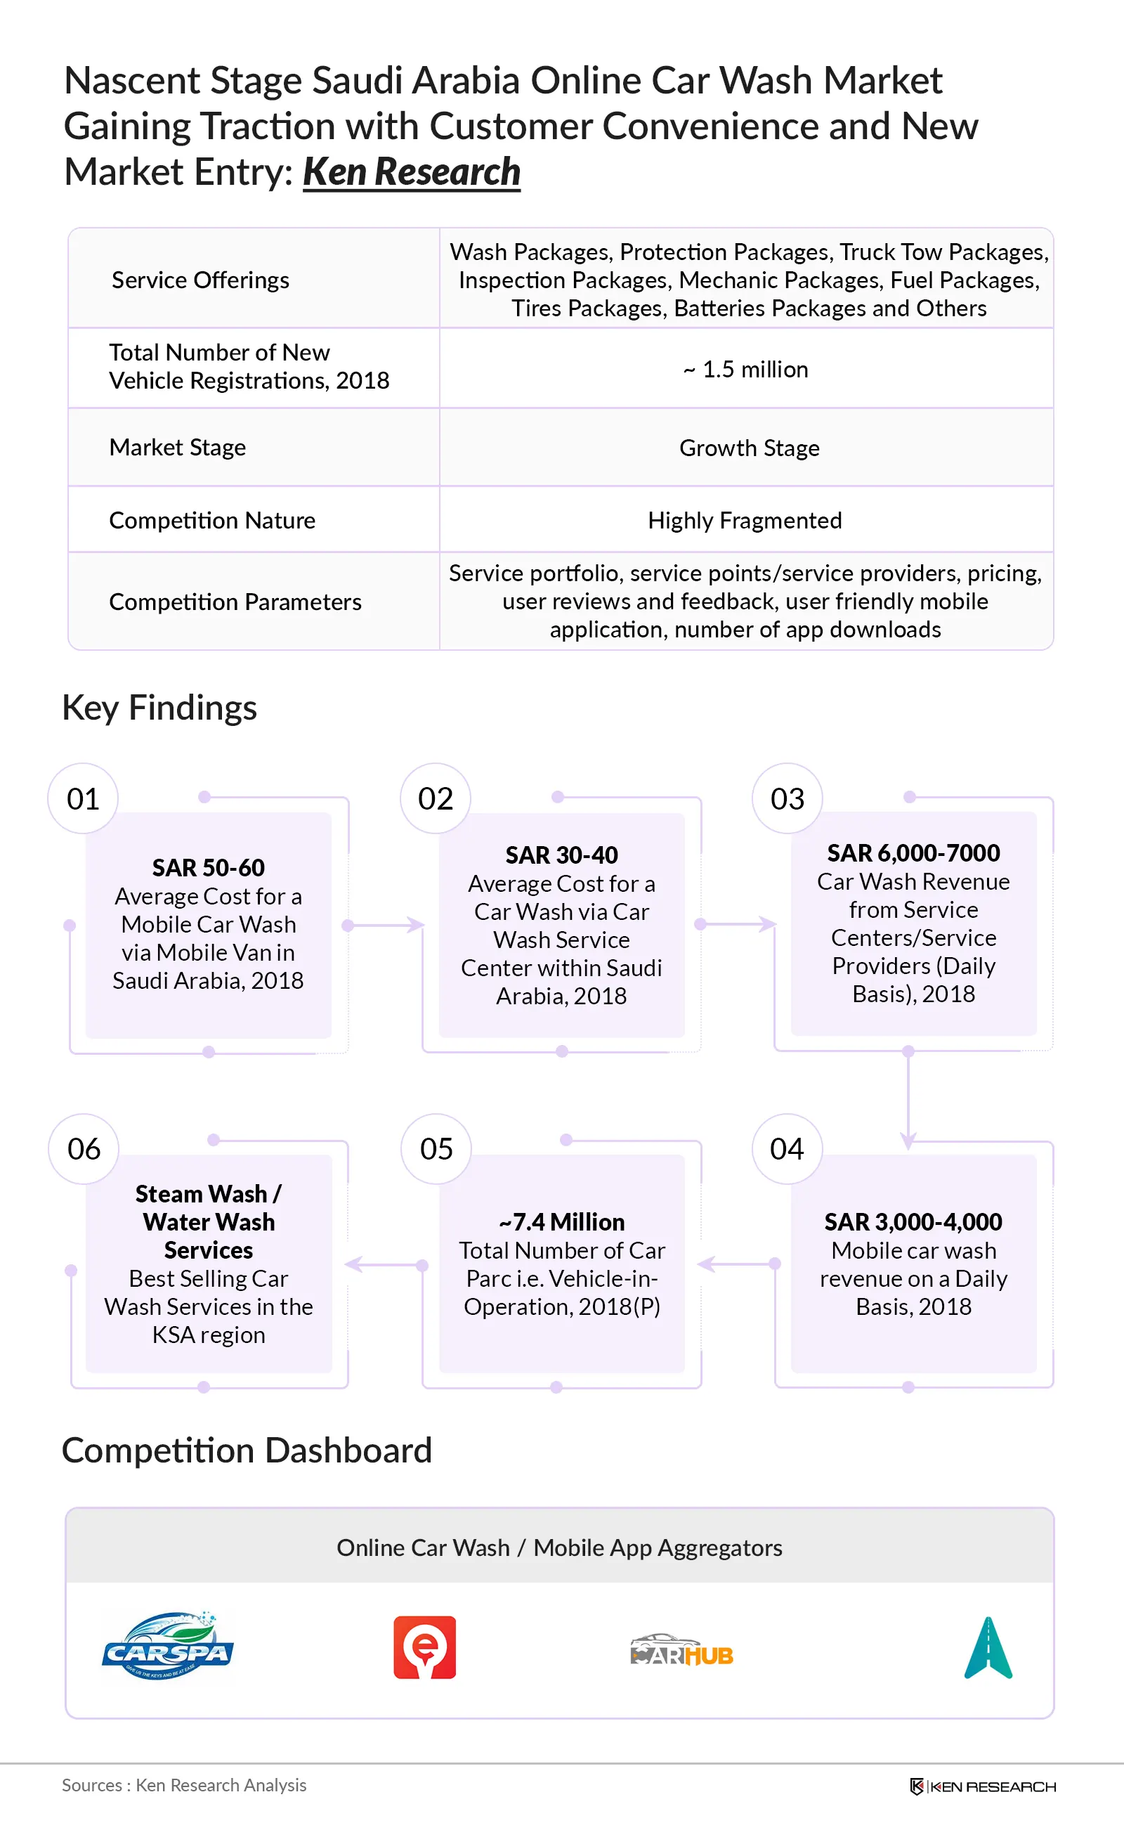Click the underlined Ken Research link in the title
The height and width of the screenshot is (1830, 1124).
(x=411, y=171)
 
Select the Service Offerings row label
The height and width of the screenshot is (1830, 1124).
(x=200, y=280)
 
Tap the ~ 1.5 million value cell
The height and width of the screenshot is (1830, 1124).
(x=745, y=369)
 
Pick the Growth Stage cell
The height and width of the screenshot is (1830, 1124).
(x=750, y=448)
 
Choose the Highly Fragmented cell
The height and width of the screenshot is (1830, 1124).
(x=745, y=520)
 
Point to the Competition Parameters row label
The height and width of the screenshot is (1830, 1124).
(x=235, y=601)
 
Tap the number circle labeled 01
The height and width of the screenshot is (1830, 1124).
(x=82, y=798)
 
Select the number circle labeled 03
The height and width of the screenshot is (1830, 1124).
(x=788, y=798)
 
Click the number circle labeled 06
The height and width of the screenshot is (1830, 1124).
(x=84, y=1149)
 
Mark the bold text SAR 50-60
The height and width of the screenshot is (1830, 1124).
(x=208, y=867)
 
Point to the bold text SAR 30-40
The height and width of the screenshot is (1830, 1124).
(x=561, y=855)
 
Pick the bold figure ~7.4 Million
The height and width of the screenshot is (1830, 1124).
(x=561, y=1221)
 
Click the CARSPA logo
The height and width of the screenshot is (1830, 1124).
(x=168, y=1646)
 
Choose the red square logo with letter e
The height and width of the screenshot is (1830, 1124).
(x=424, y=1647)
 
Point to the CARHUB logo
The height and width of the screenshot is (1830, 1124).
(x=681, y=1650)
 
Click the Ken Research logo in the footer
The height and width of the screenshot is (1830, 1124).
(x=982, y=1786)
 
